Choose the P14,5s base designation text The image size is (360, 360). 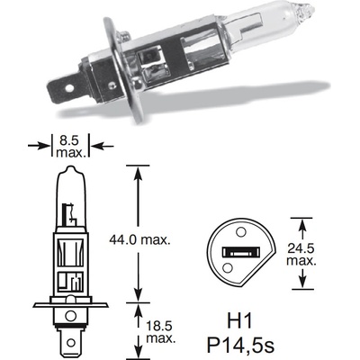pos(239,343)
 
